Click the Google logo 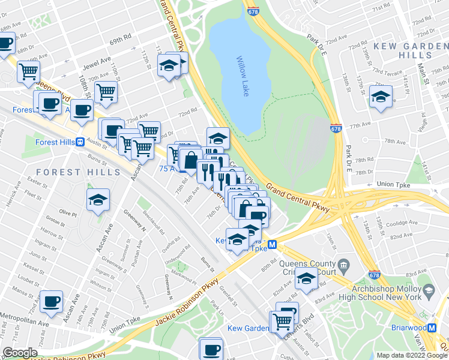coord(20,353)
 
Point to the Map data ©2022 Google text coord(412,355)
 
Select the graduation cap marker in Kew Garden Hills coord(381,97)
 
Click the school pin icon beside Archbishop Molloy coord(429,292)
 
